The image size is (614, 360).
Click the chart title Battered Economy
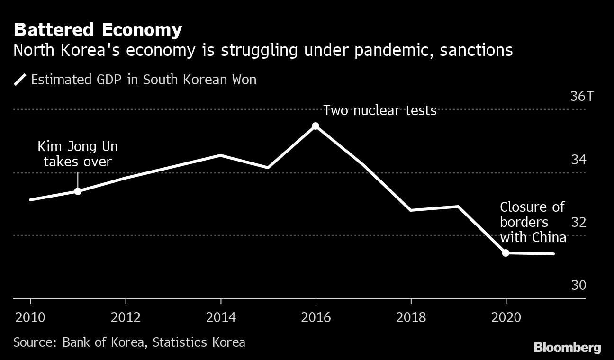(98, 30)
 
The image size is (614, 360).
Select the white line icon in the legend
(20, 79)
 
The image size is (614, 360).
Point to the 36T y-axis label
(581, 96)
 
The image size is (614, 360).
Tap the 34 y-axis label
(578, 160)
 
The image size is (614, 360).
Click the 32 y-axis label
(578, 222)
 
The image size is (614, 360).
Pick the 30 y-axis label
(578, 285)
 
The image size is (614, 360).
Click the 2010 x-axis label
(31, 317)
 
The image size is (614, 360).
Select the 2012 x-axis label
(126, 317)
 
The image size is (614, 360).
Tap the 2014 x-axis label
(221, 317)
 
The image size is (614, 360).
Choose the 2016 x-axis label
(316, 317)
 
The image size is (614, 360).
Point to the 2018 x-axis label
(411, 317)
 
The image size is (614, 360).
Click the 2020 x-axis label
(506, 317)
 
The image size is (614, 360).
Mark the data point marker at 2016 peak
(316, 126)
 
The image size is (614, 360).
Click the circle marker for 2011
(78, 191)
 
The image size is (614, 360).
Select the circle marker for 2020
(506, 253)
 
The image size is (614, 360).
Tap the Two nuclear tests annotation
(379, 110)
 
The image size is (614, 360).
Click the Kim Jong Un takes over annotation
(78, 154)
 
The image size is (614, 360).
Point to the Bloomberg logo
(567, 347)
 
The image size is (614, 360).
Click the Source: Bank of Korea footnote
(129, 342)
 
